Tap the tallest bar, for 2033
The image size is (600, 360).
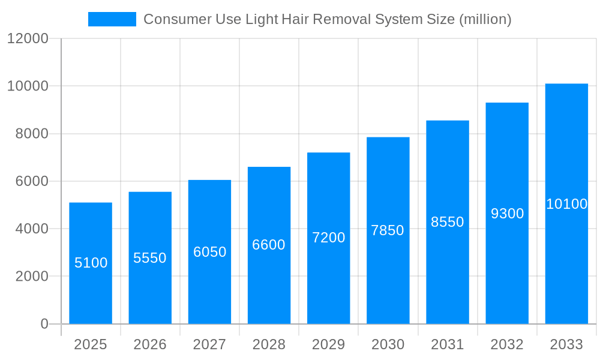coord(566,203)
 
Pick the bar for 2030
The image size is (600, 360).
coord(388,230)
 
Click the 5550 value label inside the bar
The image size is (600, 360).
coord(150,258)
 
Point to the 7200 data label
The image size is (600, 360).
coord(329,238)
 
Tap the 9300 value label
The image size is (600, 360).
coord(508,214)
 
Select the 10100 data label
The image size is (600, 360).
coord(567,204)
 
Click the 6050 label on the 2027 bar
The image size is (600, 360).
coord(209,252)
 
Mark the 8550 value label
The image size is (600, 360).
coord(448,222)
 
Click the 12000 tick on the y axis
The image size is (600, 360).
coord(28,38)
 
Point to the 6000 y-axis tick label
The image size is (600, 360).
coord(32,181)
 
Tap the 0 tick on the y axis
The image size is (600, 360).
coord(44,324)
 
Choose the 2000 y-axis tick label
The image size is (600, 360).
coord(32,277)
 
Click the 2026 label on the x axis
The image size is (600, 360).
coord(150,344)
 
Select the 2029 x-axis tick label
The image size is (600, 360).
coord(329,344)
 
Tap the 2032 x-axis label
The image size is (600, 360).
coord(508,344)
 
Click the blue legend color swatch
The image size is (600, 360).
coord(112,19)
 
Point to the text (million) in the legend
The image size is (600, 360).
coord(485,19)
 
